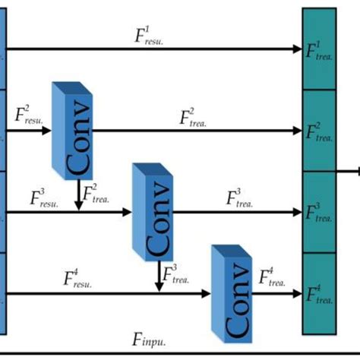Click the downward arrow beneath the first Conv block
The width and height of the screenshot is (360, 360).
point(78,195)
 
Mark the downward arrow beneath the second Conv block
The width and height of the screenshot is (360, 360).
point(159,276)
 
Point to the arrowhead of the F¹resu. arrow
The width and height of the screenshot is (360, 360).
point(298,49)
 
